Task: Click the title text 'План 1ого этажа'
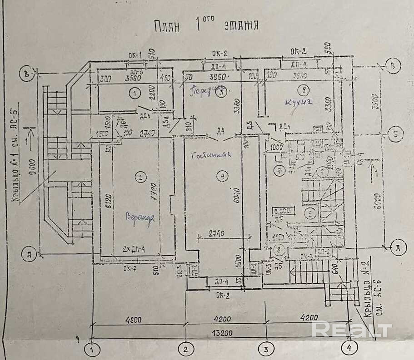pyautogui.click(x=205, y=25)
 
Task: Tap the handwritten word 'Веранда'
pyautogui.click(x=140, y=217)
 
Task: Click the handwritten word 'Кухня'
pyautogui.click(x=299, y=103)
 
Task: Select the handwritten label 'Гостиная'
pyautogui.click(x=211, y=154)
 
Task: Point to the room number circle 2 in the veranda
pyautogui.click(x=141, y=178)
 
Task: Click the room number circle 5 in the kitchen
pyautogui.click(x=305, y=89)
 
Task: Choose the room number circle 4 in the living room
pyautogui.click(x=221, y=178)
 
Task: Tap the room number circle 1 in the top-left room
pyautogui.click(x=134, y=94)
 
